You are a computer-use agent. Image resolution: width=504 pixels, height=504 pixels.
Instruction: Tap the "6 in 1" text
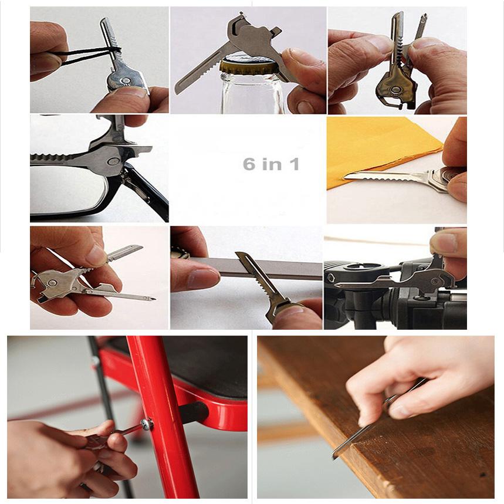tap(271, 164)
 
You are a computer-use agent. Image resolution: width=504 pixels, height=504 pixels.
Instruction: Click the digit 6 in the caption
tap(249, 164)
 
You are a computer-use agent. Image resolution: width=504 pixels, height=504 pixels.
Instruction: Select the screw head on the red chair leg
tap(147, 424)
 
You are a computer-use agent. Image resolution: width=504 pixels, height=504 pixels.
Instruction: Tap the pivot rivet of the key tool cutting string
tap(124, 80)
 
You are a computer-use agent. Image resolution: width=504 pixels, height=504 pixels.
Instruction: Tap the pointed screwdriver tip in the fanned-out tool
tap(153, 299)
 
